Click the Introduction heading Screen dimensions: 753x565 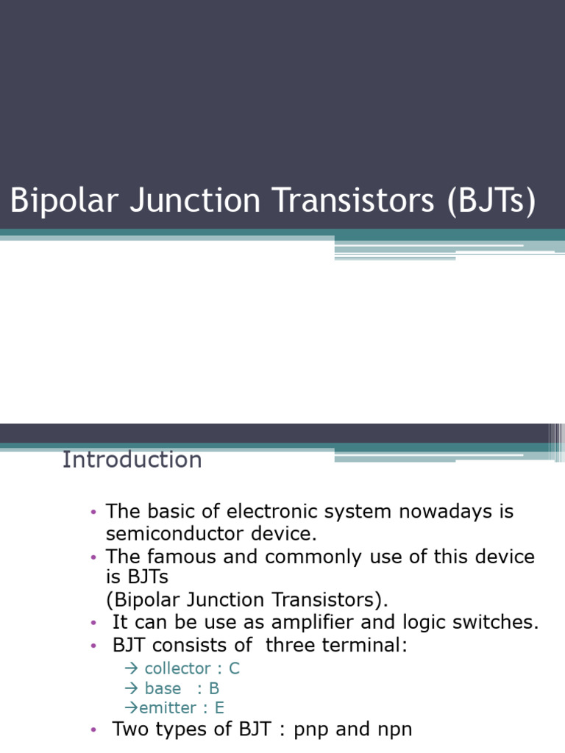coord(132,460)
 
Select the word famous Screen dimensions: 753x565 coord(184,557)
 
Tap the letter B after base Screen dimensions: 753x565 coord(214,688)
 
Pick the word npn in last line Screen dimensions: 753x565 coord(391,729)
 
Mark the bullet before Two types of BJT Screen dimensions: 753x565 coord(93,730)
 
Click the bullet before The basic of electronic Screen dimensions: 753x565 coord(93,512)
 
